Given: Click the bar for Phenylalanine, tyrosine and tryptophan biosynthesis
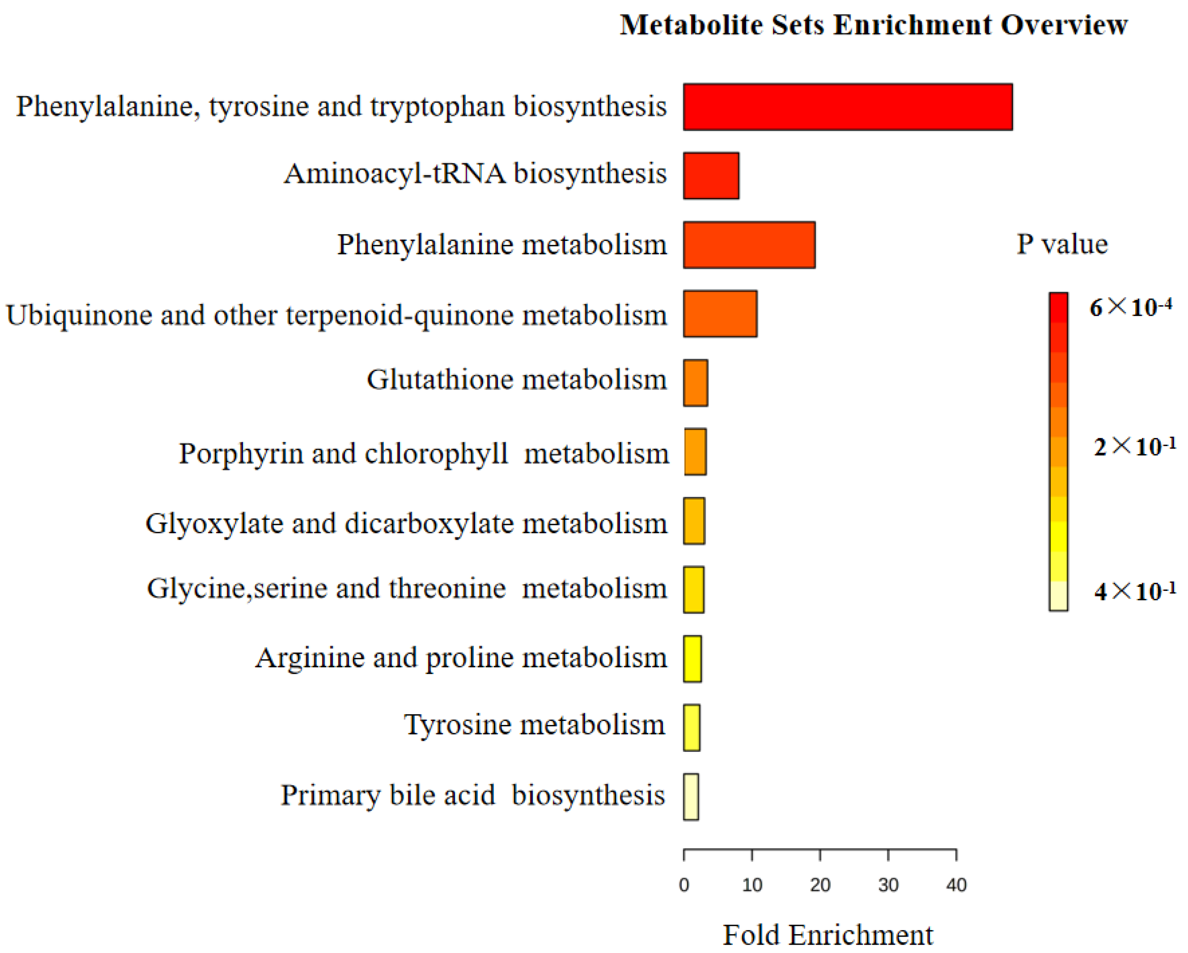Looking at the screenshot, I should pyautogui.click(x=847, y=107).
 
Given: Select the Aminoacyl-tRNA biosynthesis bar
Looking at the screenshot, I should pyautogui.click(x=711, y=176).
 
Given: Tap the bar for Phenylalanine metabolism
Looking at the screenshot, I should pyautogui.click(x=749, y=245).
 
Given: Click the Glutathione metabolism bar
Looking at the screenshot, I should pyautogui.click(x=695, y=383).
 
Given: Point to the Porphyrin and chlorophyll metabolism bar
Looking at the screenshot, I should pyautogui.click(x=695, y=452).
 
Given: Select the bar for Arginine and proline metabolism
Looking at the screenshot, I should pyautogui.click(x=692, y=659).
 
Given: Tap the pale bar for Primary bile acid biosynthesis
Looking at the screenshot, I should pyautogui.click(x=691, y=797).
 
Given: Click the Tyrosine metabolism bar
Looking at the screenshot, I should pyautogui.click(x=692, y=728).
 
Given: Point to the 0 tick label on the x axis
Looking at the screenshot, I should pyautogui.click(x=684, y=885).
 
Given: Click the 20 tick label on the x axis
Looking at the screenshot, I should pyautogui.click(x=820, y=885).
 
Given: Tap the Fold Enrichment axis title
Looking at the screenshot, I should pyautogui.click(x=828, y=935).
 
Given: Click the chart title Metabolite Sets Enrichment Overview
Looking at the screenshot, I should pyautogui.click(x=874, y=25).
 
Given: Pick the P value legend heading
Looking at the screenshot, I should pyautogui.click(x=1062, y=244).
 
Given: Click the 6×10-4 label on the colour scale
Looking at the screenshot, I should pyautogui.click(x=1131, y=306).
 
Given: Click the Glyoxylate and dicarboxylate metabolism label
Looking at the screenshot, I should pyautogui.click(x=406, y=523).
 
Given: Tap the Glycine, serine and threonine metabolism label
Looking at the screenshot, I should pyautogui.click(x=407, y=589).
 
